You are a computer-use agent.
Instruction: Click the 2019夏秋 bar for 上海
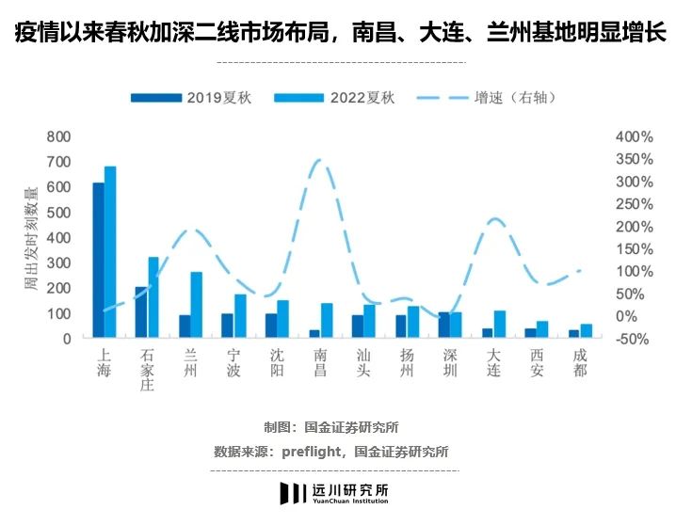pyautogui.click(x=98, y=260)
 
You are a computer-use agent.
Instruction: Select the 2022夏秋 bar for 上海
pyautogui.click(x=110, y=251)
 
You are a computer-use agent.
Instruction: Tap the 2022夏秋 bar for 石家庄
pyautogui.click(x=153, y=296)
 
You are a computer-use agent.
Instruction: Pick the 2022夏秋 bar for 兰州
pyautogui.click(x=197, y=304)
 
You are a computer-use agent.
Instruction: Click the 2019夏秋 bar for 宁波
pyautogui.click(x=227, y=326)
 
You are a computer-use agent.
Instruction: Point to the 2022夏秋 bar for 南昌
pyautogui.click(x=327, y=320)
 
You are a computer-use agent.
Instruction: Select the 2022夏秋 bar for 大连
pyautogui.click(x=500, y=324)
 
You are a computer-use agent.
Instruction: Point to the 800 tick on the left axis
pyautogui.click(x=58, y=136)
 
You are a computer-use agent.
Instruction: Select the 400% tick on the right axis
pyautogui.click(x=634, y=136)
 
